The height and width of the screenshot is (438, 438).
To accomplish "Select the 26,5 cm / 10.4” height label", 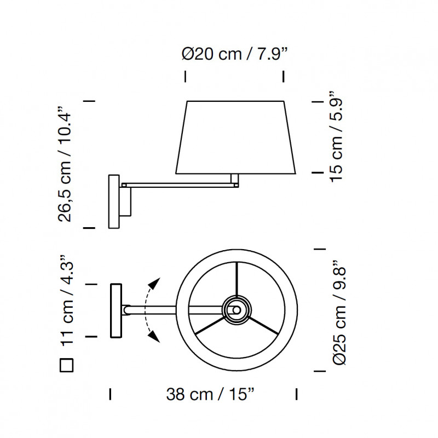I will click(x=66, y=164).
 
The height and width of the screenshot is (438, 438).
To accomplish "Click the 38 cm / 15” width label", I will click(x=210, y=394).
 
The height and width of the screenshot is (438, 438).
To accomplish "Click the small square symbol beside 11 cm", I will click(x=66, y=365).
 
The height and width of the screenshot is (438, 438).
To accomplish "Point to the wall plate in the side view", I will click(x=114, y=201).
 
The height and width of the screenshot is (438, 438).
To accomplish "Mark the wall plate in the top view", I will click(x=116, y=310).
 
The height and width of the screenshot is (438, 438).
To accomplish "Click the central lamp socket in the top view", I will click(x=237, y=310).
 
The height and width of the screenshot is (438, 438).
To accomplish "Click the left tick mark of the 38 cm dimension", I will click(x=111, y=394).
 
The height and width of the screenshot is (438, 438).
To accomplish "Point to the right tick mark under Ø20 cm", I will click(x=283, y=76).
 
